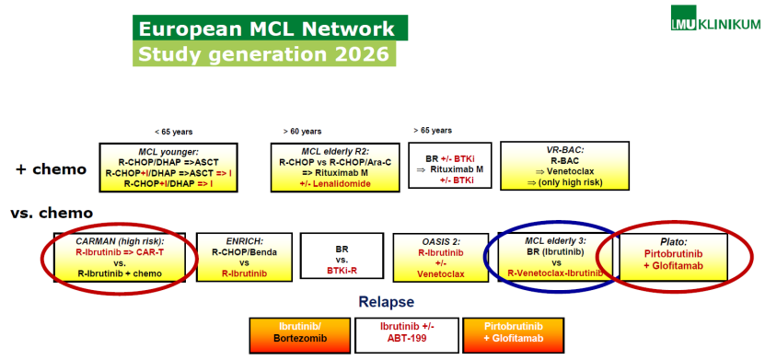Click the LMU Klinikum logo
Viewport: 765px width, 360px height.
pyautogui.click(x=714, y=18)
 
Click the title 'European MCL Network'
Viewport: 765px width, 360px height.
pyautogui.click(x=266, y=29)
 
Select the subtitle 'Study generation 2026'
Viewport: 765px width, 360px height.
pyautogui.click(x=263, y=53)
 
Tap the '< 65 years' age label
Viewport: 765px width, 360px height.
pyautogui.click(x=173, y=132)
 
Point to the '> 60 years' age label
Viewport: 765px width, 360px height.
pyautogui.click(x=302, y=132)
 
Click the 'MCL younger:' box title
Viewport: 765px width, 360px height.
pyautogui.click(x=168, y=152)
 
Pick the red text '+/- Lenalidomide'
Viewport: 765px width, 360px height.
pyautogui.click(x=335, y=183)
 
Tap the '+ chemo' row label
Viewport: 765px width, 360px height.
pyautogui.click(x=52, y=169)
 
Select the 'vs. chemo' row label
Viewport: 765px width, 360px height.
pyautogui.click(x=52, y=214)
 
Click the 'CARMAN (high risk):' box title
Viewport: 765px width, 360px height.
pyautogui.click(x=120, y=241)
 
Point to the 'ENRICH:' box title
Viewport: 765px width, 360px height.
pyautogui.click(x=244, y=241)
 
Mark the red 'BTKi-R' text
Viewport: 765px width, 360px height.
pyautogui.click(x=342, y=269)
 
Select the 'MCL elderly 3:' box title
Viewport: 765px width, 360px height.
pyautogui.click(x=555, y=240)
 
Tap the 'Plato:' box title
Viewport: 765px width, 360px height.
pyautogui.click(x=673, y=241)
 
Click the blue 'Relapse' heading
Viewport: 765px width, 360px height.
pyautogui.click(x=387, y=302)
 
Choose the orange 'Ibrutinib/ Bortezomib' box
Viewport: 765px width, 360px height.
pyautogui.click(x=299, y=336)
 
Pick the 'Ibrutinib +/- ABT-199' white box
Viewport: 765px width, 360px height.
pyautogui.click(x=407, y=336)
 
